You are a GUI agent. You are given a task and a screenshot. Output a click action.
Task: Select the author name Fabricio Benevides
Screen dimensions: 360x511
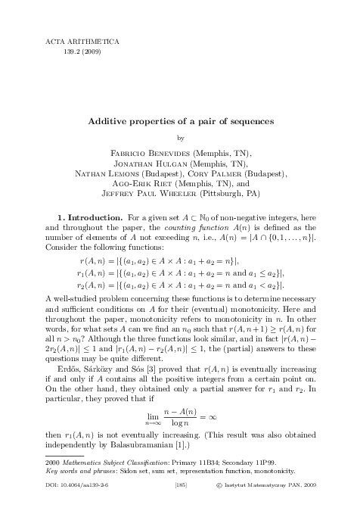141,152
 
